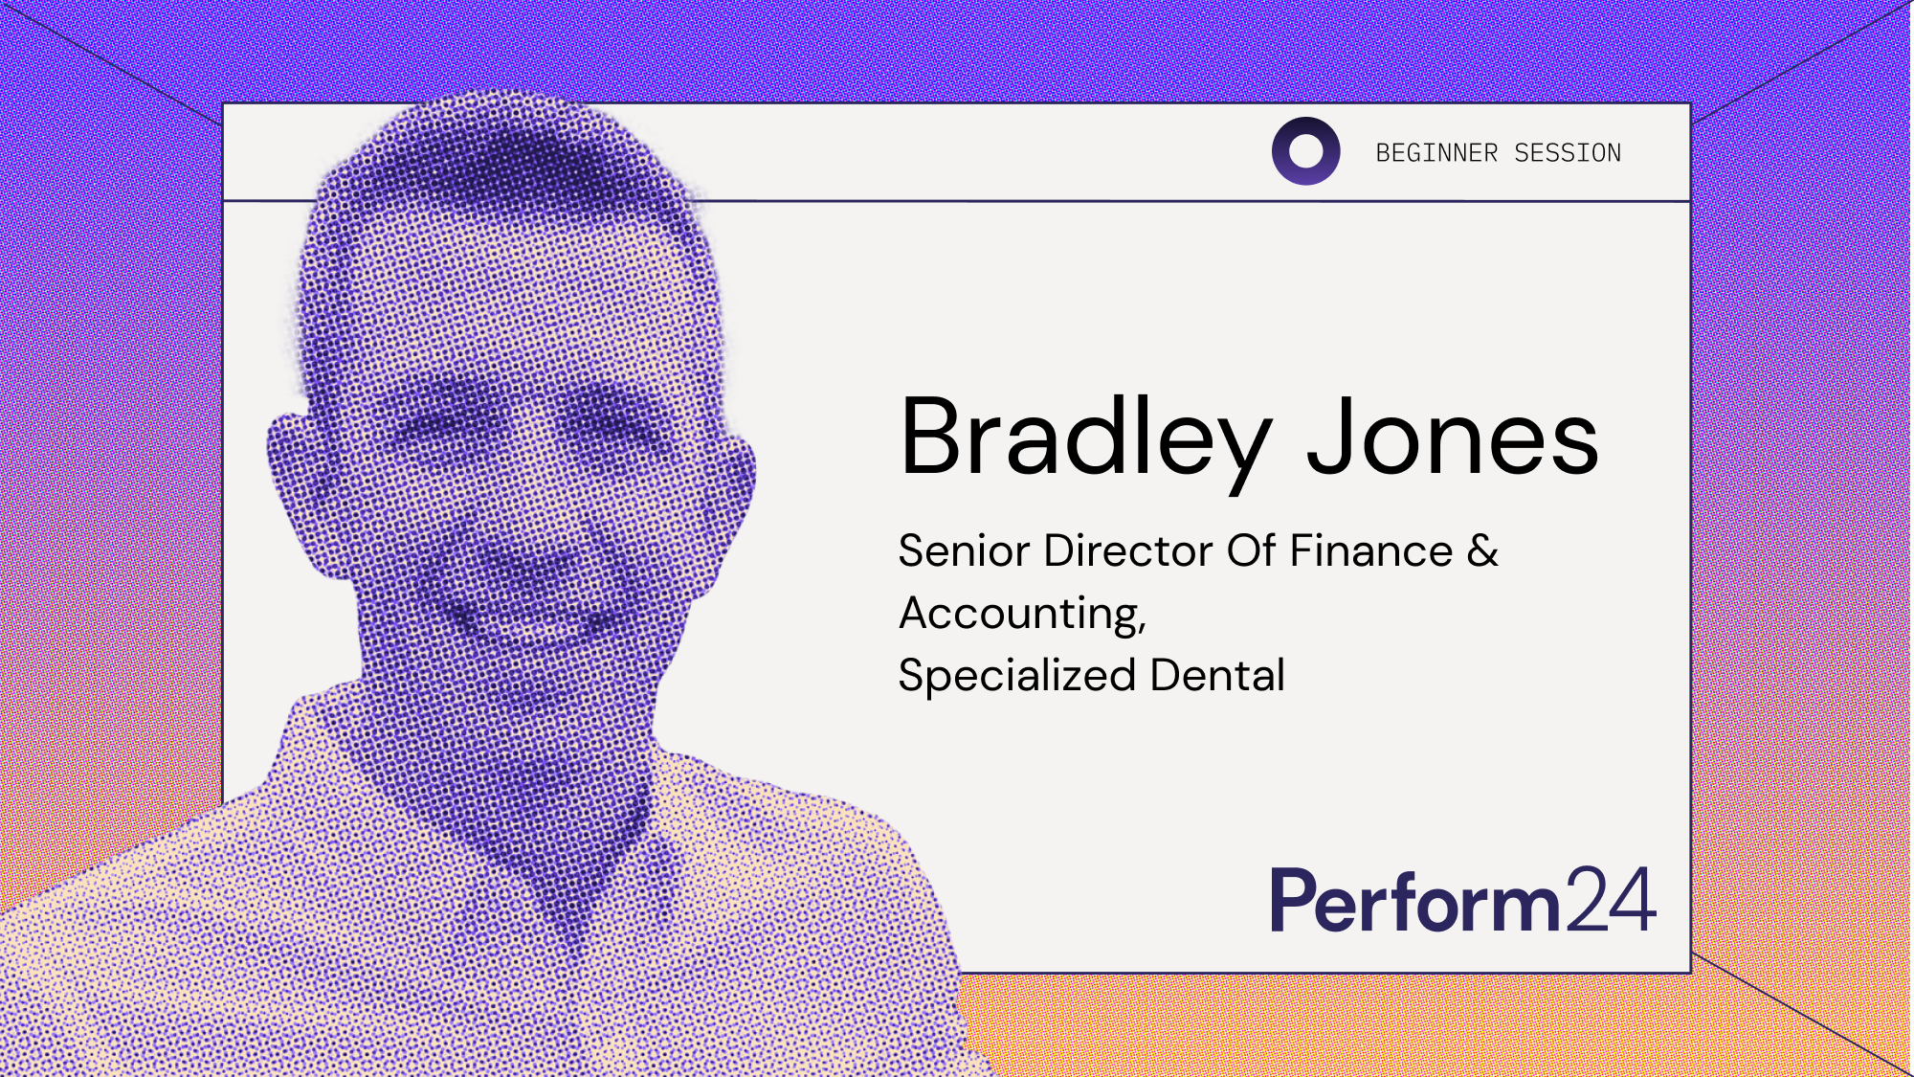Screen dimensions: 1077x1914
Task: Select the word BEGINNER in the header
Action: point(1436,153)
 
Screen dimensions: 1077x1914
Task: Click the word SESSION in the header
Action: point(1568,153)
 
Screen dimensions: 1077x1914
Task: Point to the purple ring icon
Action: point(1305,151)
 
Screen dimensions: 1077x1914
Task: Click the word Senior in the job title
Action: point(965,551)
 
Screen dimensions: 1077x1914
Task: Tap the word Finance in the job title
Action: point(1371,551)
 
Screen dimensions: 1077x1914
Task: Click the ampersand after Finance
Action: point(1483,551)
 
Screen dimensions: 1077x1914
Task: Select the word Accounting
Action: point(1022,614)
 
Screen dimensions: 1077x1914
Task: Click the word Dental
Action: point(1217,676)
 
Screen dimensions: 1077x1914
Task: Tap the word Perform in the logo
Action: point(1414,902)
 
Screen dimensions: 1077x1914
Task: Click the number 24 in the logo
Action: point(1612,900)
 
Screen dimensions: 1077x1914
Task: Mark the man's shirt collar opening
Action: point(565,862)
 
